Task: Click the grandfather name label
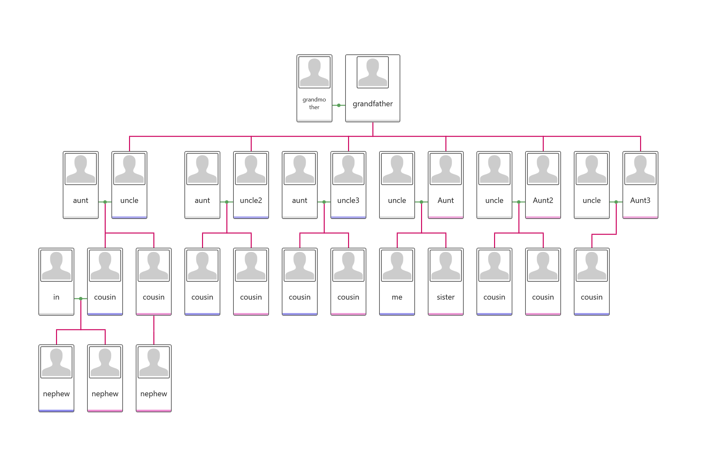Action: [372, 104]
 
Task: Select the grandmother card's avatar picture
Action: [314, 72]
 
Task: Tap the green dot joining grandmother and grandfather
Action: [339, 105]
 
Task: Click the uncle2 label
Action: [251, 200]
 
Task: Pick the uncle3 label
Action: [348, 200]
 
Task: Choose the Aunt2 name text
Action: [543, 200]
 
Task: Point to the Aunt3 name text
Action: [640, 200]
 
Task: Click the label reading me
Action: [397, 297]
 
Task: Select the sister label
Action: [446, 297]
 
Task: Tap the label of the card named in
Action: [56, 297]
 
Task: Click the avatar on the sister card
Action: [446, 266]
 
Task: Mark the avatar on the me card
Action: [397, 266]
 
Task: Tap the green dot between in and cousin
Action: [81, 299]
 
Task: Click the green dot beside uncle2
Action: [227, 202]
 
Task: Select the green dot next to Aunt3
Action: [616, 202]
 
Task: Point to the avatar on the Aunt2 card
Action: [543, 169]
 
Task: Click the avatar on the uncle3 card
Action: [348, 169]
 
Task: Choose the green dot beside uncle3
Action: [324, 202]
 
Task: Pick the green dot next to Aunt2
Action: [519, 202]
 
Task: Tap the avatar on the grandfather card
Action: [373, 72]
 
